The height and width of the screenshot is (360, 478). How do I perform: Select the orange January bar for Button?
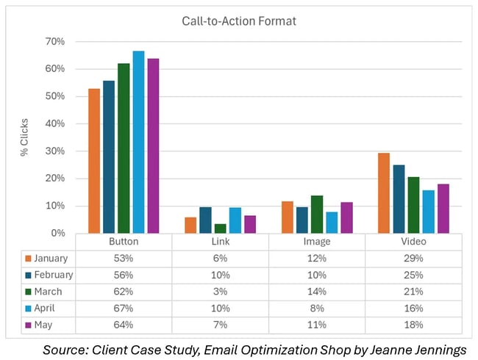tap(94, 161)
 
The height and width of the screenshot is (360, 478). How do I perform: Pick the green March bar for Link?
tap(220, 228)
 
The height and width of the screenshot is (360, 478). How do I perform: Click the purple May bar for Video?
tap(443, 209)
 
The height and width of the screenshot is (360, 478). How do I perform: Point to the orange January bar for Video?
tap(383, 193)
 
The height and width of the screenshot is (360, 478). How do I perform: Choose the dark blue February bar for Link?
tap(205, 220)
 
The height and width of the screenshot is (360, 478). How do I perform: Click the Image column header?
tap(317, 241)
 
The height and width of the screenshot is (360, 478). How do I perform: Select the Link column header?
tap(221, 241)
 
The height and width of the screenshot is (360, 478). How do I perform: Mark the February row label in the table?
tap(52, 275)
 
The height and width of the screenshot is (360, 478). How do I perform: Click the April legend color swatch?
tap(28, 307)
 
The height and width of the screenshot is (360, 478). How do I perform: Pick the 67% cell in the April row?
tap(124, 307)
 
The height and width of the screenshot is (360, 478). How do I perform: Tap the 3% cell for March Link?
tap(221, 291)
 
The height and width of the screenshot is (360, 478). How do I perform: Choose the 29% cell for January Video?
tap(413, 259)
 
